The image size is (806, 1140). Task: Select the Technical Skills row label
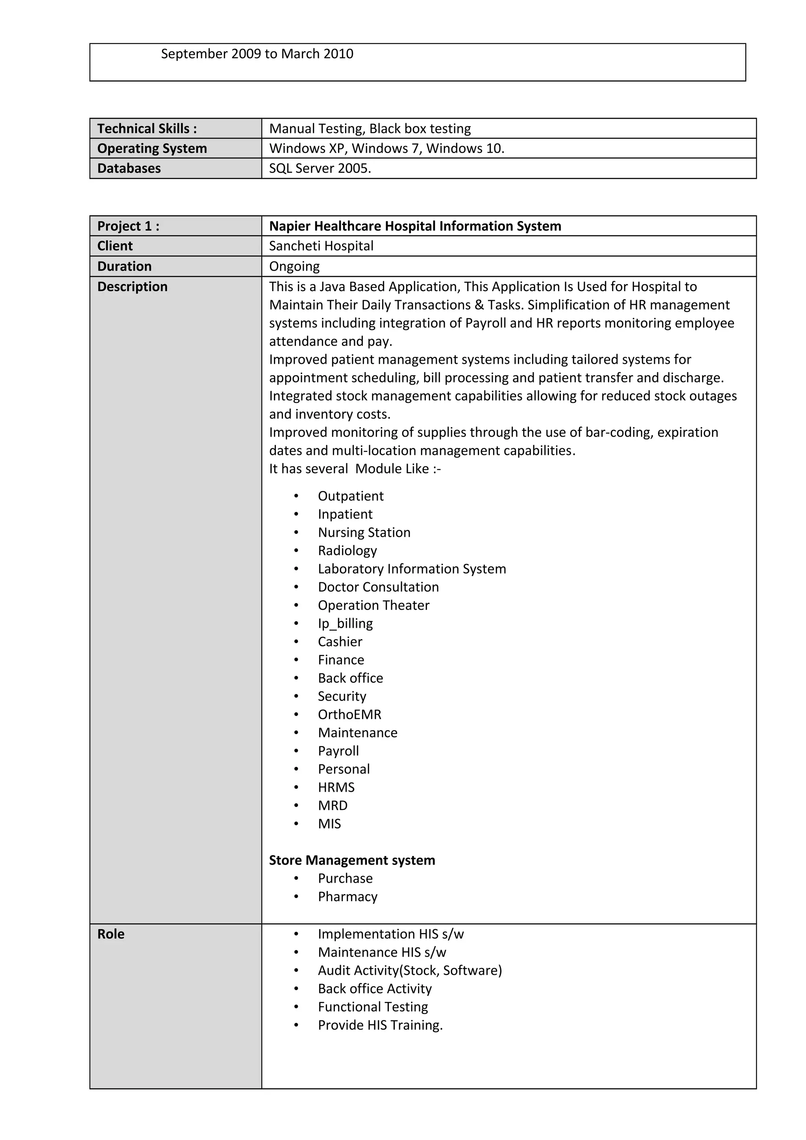pyautogui.click(x=147, y=129)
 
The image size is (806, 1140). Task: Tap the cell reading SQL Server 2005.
pyautogui.click(x=320, y=168)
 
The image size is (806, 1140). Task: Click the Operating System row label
pyautogui.click(x=152, y=148)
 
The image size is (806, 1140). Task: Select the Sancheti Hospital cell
pyautogui.click(x=321, y=246)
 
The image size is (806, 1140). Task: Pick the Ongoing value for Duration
pyautogui.click(x=294, y=266)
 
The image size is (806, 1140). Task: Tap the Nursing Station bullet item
pyautogui.click(x=364, y=532)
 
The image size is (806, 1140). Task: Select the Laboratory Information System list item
pyautogui.click(x=412, y=568)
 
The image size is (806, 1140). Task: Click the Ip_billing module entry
pyautogui.click(x=345, y=623)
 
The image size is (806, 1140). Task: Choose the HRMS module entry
pyautogui.click(x=336, y=787)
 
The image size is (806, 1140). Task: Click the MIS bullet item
pyautogui.click(x=329, y=824)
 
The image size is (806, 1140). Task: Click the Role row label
pyautogui.click(x=111, y=934)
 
